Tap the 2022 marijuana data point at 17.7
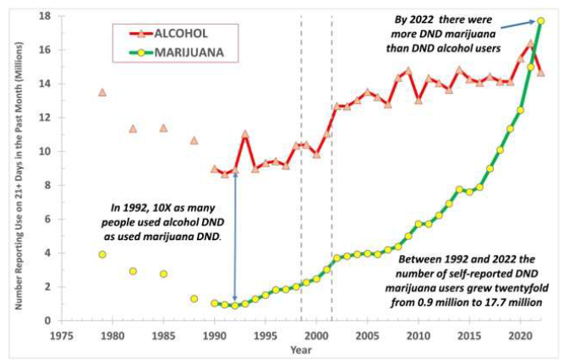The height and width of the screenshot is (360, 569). pos(540,21)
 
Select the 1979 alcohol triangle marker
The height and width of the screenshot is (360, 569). pos(102,92)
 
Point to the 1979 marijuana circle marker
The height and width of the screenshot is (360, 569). pos(102,254)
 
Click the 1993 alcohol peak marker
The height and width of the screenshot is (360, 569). pos(245,134)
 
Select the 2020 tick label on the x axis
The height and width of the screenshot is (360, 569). pos(520,333)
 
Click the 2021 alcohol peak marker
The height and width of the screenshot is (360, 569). pos(530,43)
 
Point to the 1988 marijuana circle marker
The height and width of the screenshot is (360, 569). pos(194,298)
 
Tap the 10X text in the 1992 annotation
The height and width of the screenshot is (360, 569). pos(149,208)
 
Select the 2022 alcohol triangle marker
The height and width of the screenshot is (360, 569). pos(540,73)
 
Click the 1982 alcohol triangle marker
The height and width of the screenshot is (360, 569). pos(133,128)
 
